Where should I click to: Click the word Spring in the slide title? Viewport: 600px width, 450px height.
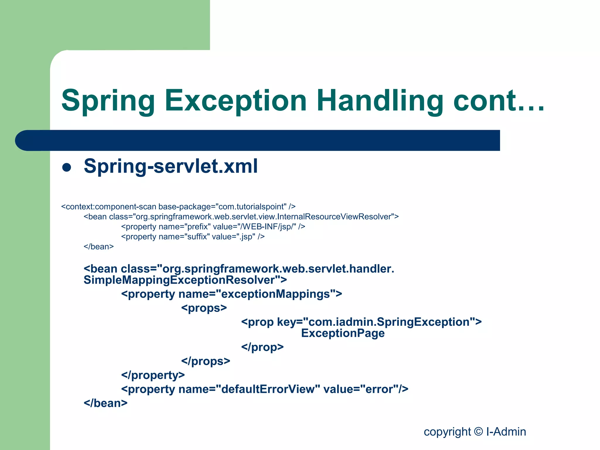[x=108, y=101]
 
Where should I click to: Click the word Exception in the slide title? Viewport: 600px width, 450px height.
[x=236, y=101]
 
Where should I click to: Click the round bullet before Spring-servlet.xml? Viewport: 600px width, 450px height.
[x=67, y=167]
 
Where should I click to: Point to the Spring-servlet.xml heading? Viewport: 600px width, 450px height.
[x=171, y=166]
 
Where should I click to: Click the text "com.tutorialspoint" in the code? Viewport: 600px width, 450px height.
[x=251, y=207]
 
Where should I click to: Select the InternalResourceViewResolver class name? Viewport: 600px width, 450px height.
[x=334, y=217]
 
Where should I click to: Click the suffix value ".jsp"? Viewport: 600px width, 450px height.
[x=246, y=237]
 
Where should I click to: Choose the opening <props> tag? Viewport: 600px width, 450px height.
[x=204, y=308]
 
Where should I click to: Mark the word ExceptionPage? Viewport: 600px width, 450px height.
[x=343, y=333]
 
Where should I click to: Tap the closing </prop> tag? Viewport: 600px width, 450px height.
[x=262, y=347]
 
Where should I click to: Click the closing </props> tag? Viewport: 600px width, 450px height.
[x=206, y=361]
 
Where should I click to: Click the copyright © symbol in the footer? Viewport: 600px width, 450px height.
[x=478, y=432]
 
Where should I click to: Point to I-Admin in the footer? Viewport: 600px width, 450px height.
[x=506, y=432]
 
